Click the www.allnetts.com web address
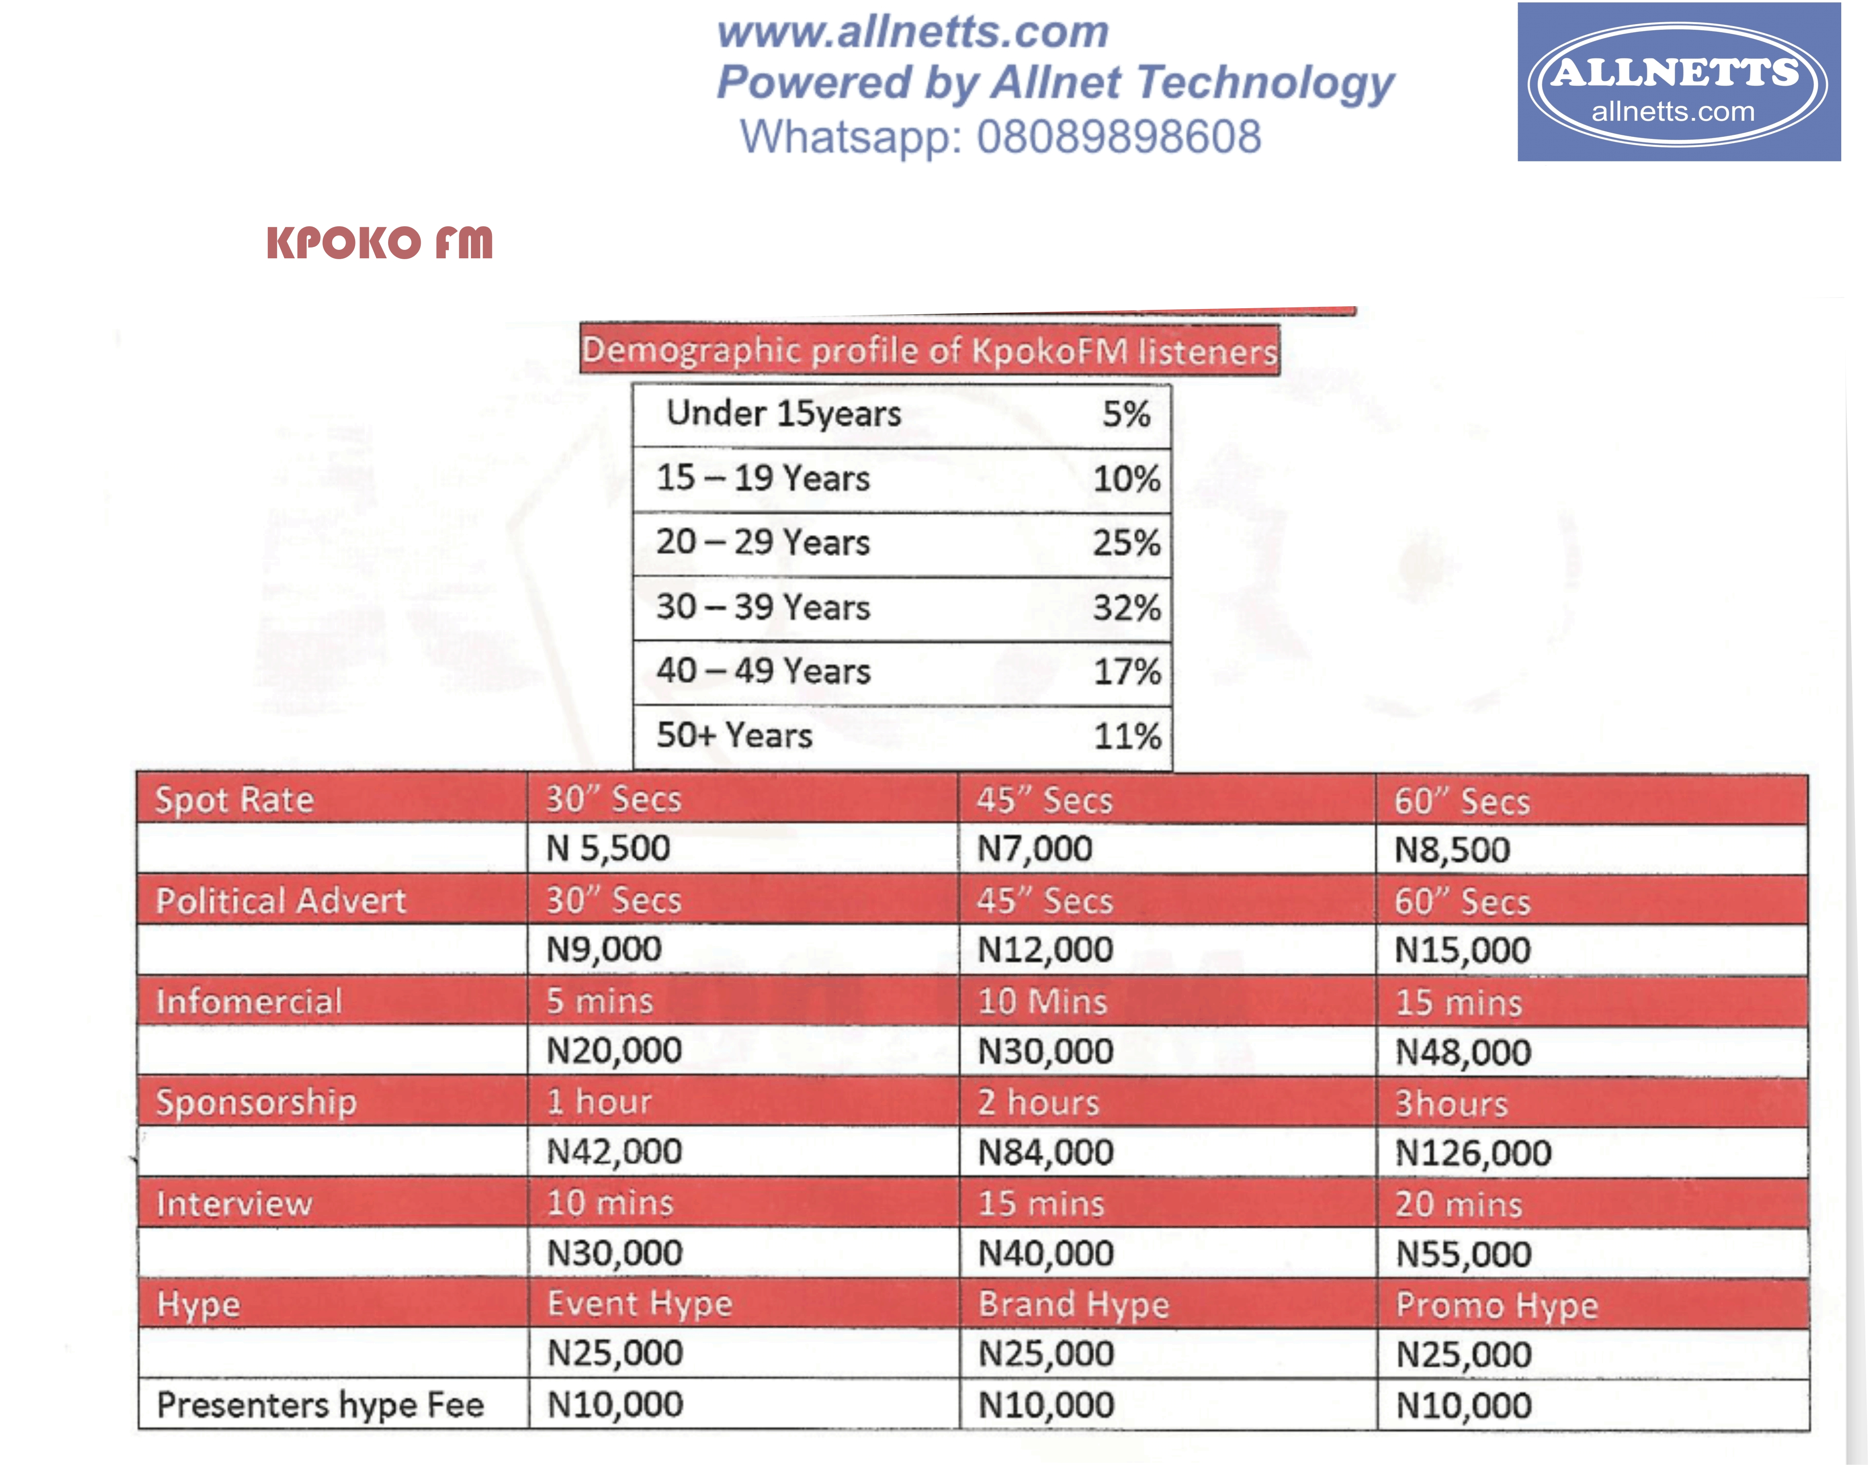click(913, 32)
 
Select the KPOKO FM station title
click(380, 243)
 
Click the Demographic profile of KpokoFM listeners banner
click(929, 350)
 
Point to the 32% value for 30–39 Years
click(1127, 607)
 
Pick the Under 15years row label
click(783, 413)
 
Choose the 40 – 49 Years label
click(763, 671)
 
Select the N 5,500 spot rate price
click(609, 848)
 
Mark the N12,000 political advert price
click(1045, 950)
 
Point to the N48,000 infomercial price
click(1463, 1052)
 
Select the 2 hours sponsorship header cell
click(1038, 1102)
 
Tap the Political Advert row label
click(280, 900)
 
